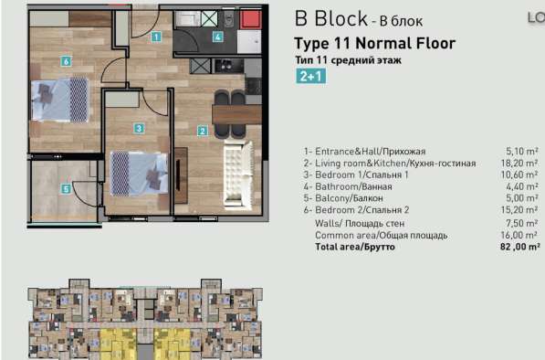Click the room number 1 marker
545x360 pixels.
(156, 37)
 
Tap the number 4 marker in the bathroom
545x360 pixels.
(217, 37)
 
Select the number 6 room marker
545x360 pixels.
(66, 61)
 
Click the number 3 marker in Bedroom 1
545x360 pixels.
(139, 128)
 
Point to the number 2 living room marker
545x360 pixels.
(203, 132)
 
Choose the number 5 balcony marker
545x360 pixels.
(66, 189)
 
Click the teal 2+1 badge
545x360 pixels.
(311, 76)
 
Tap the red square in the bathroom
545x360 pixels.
(251, 19)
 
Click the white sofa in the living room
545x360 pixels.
(238, 174)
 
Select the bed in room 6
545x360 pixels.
(59, 100)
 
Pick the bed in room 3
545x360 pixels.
(139, 174)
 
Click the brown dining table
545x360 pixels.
(236, 114)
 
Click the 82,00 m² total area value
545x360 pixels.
(520, 247)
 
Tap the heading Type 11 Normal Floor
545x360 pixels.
(374, 44)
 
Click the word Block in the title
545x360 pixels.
(341, 18)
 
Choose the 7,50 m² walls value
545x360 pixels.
(521, 223)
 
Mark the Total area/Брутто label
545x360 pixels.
(355, 247)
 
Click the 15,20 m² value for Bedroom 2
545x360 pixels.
(519, 210)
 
